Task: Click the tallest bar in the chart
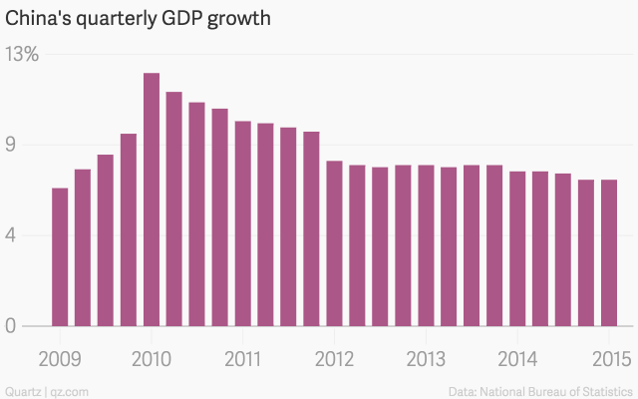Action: pos(152,199)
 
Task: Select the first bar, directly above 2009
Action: pos(60,257)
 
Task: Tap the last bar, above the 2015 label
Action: pos(609,253)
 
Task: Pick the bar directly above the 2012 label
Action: pos(335,243)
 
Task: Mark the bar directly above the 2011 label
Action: pos(243,223)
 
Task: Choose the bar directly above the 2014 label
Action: pos(517,249)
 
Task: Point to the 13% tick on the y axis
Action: pos(22,55)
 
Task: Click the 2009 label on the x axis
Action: pos(60,359)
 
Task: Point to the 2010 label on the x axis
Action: pos(152,359)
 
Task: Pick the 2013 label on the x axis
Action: pos(426,359)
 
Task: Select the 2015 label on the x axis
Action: pos(609,359)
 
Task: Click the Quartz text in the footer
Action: pos(22,389)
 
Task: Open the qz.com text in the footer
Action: pos(64,389)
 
